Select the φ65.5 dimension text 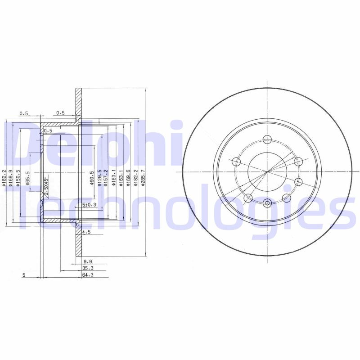point(27,178)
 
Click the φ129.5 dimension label point(100,177)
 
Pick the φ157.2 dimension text point(106,177)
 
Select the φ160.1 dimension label point(114,177)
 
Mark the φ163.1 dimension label point(121,177)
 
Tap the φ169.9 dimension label point(11,177)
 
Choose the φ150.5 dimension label point(18,177)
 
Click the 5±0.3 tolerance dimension point(90,205)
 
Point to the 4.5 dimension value point(87,232)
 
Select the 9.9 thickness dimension point(87,261)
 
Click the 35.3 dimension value point(88,268)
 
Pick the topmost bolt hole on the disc point(267,139)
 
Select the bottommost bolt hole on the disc point(267,203)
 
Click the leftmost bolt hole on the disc point(236,161)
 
